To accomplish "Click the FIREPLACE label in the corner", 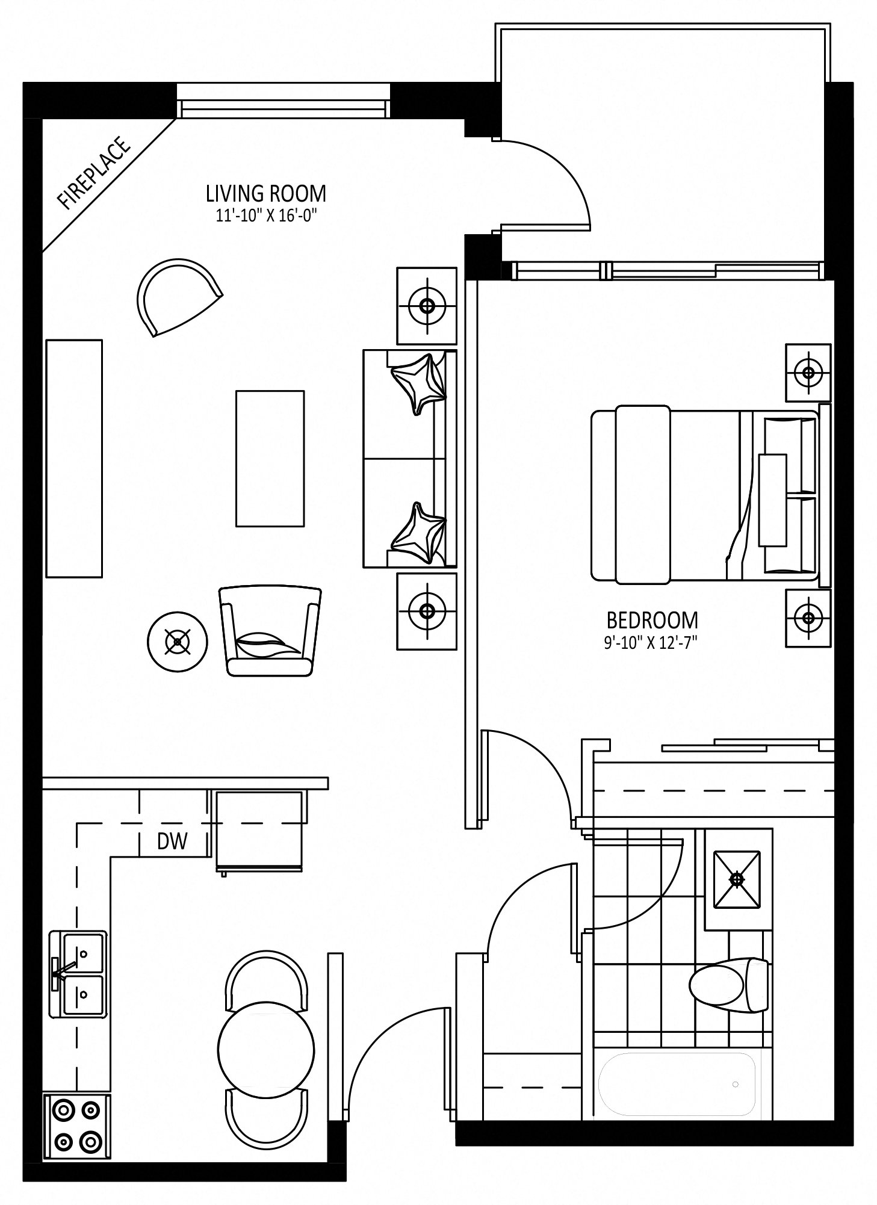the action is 93,173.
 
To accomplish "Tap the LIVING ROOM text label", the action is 266,194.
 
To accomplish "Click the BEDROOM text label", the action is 652,620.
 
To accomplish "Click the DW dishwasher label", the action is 172,841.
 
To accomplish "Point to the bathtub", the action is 677,1084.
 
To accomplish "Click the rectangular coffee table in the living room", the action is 270,459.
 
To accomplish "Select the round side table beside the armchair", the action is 178,642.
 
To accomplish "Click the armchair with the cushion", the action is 270,631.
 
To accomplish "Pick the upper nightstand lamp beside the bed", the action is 808,372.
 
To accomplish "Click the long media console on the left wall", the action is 74,459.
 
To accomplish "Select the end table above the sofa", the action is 427,305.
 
